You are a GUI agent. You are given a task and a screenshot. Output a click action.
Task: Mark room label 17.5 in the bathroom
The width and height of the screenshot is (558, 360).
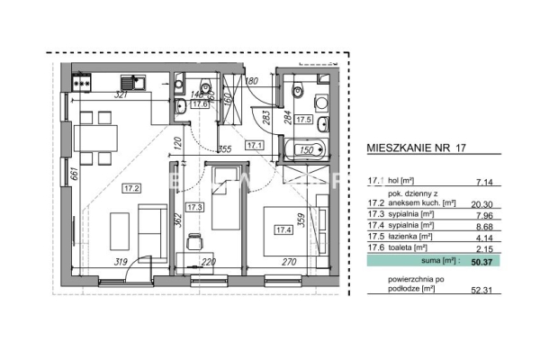click(303, 118)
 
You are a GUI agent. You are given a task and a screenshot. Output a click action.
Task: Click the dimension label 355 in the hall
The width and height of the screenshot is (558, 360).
click(225, 148)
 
